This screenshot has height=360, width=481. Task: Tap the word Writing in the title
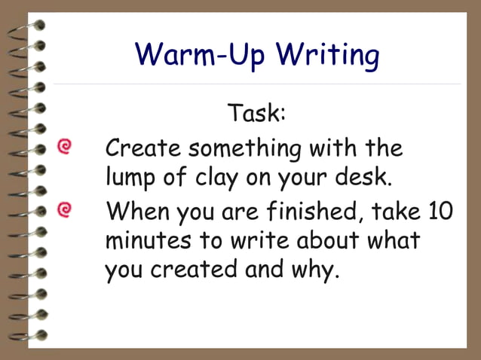point(327,56)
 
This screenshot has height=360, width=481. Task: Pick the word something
point(246,148)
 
